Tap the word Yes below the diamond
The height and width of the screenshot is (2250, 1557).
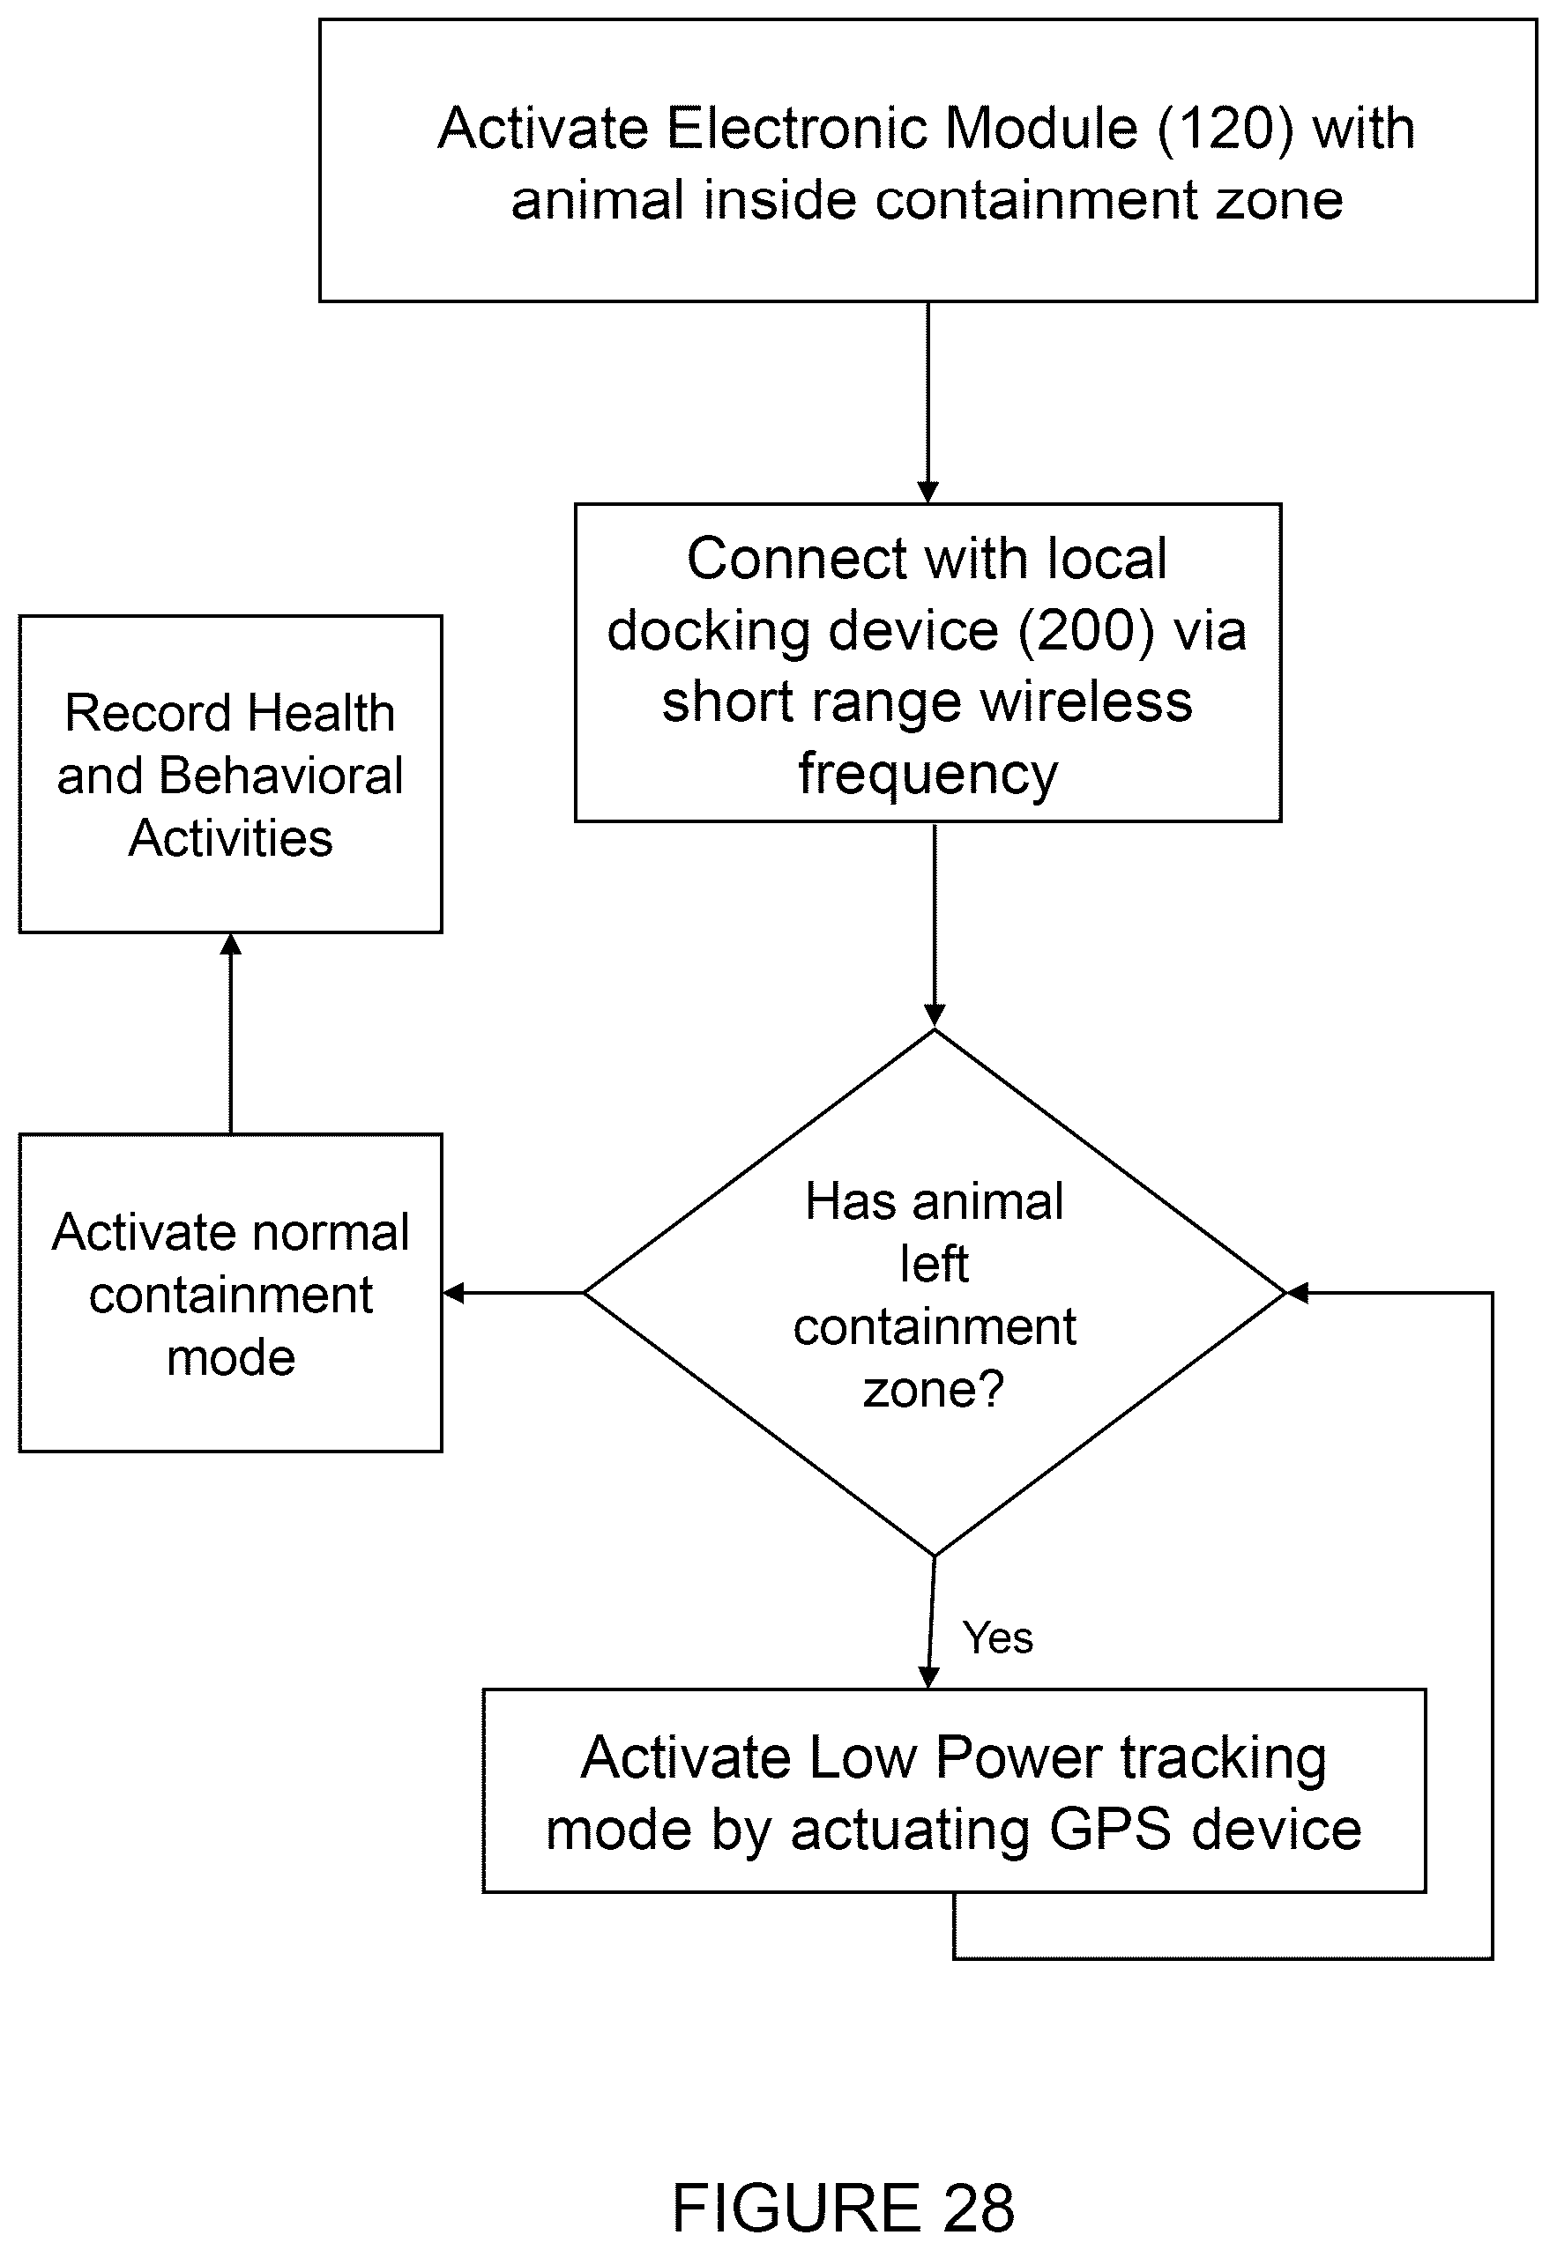coord(997,1637)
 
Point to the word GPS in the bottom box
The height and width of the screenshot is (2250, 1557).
coord(1109,1830)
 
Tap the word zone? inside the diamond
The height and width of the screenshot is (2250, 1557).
coord(934,1389)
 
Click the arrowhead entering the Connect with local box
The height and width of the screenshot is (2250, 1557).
coord(927,493)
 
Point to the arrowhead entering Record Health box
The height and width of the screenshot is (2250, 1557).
coord(231,944)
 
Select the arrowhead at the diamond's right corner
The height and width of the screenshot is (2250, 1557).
coord(1298,1293)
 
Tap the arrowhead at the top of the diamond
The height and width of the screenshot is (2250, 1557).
coord(935,1016)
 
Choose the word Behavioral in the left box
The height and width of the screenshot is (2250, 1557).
coord(281,776)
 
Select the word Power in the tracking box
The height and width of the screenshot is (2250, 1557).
coord(1019,1758)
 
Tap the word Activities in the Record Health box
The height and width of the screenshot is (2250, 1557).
coord(231,839)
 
